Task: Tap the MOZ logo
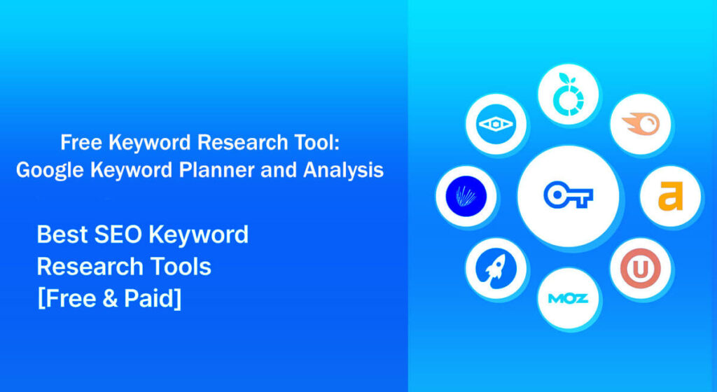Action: pos(568,298)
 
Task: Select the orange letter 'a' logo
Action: pos(670,197)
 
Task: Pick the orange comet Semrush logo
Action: pos(640,125)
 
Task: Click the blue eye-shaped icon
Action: pos(496,125)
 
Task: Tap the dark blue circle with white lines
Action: pos(466,197)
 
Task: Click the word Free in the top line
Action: pos(78,143)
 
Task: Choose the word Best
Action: pos(60,234)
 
